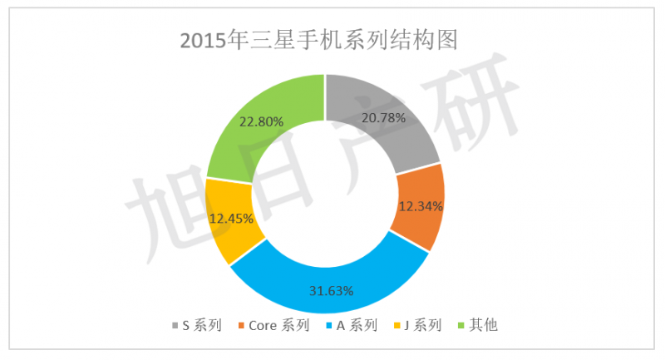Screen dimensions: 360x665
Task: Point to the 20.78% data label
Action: click(383, 118)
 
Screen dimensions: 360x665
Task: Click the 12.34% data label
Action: click(420, 205)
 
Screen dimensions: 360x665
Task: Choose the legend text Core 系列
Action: click(279, 325)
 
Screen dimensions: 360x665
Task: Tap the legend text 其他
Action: click(484, 325)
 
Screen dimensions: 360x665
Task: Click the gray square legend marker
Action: click(174, 325)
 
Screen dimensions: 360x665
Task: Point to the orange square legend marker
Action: click(240, 325)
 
